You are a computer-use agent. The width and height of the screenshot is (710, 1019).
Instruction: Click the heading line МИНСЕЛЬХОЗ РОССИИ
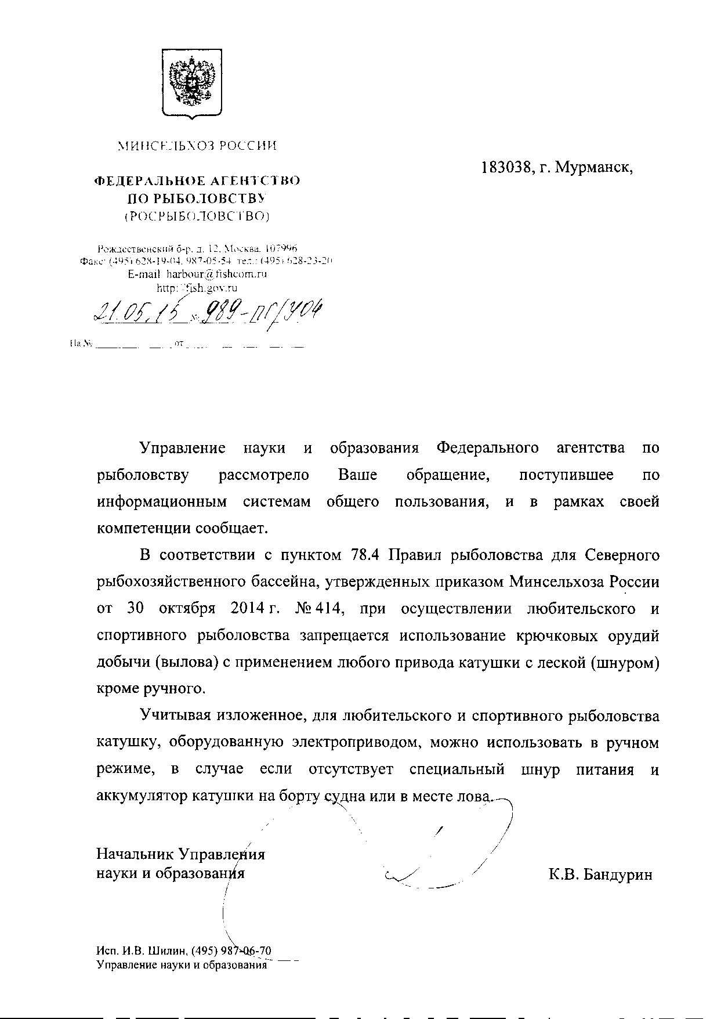click(x=197, y=146)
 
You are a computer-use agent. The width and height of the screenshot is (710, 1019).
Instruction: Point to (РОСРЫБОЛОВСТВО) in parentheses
click(x=197, y=217)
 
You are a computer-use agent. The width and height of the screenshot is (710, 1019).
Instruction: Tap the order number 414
click(x=330, y=609)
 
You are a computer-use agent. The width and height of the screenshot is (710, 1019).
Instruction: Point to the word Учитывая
click(x=175, y=716)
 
